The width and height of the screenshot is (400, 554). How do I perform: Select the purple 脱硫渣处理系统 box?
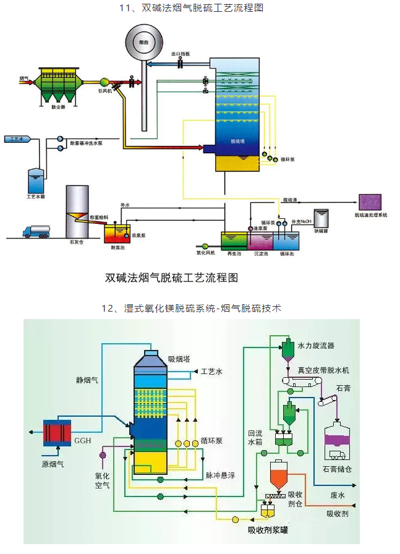(x=370, y=202)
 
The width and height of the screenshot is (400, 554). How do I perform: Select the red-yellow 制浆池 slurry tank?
(x=117, y=234)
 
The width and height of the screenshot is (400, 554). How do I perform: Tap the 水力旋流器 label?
(x=315, y=346)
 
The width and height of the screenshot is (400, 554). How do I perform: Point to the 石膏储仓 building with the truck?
(x=338, y=442)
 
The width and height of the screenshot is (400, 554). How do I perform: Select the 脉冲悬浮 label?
(x=220, y=476)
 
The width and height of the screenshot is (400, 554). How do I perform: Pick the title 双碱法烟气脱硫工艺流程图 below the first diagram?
(x=171, y=278)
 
